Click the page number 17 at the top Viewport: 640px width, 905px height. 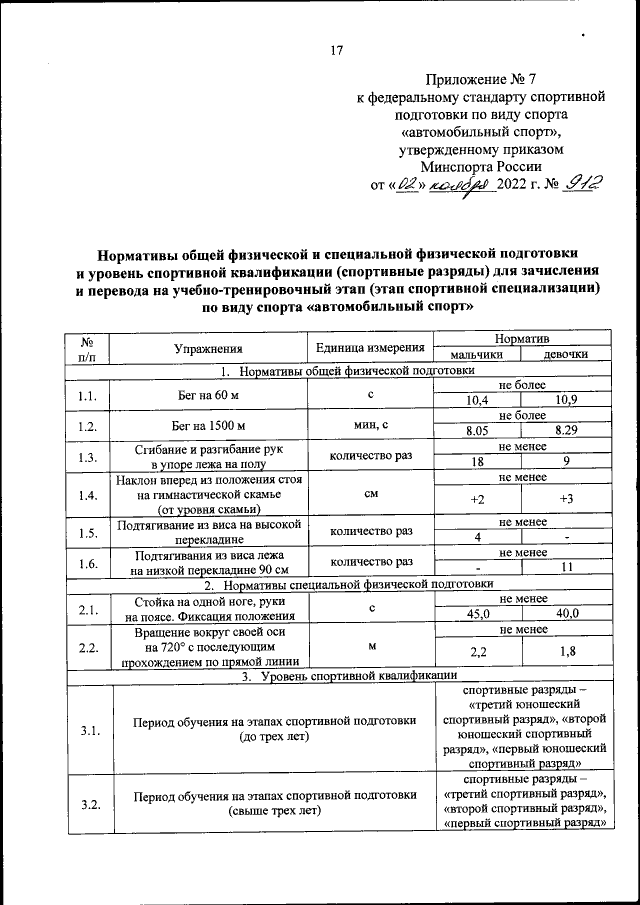pyautogui.click(x=337, y=51)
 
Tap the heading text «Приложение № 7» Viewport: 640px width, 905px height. pyautogui.click(x=480, y=77)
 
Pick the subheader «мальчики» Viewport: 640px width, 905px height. pyautogui.click(x=476, y=355)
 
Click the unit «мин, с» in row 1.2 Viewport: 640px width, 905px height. pyautogui.click(x=370, y=425)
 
